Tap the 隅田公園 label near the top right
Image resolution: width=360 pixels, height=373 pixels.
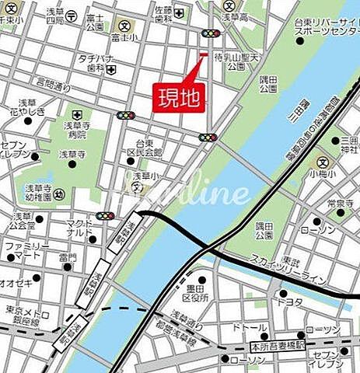pos(268,84)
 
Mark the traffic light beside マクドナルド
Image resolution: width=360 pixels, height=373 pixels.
pos(105,216)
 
